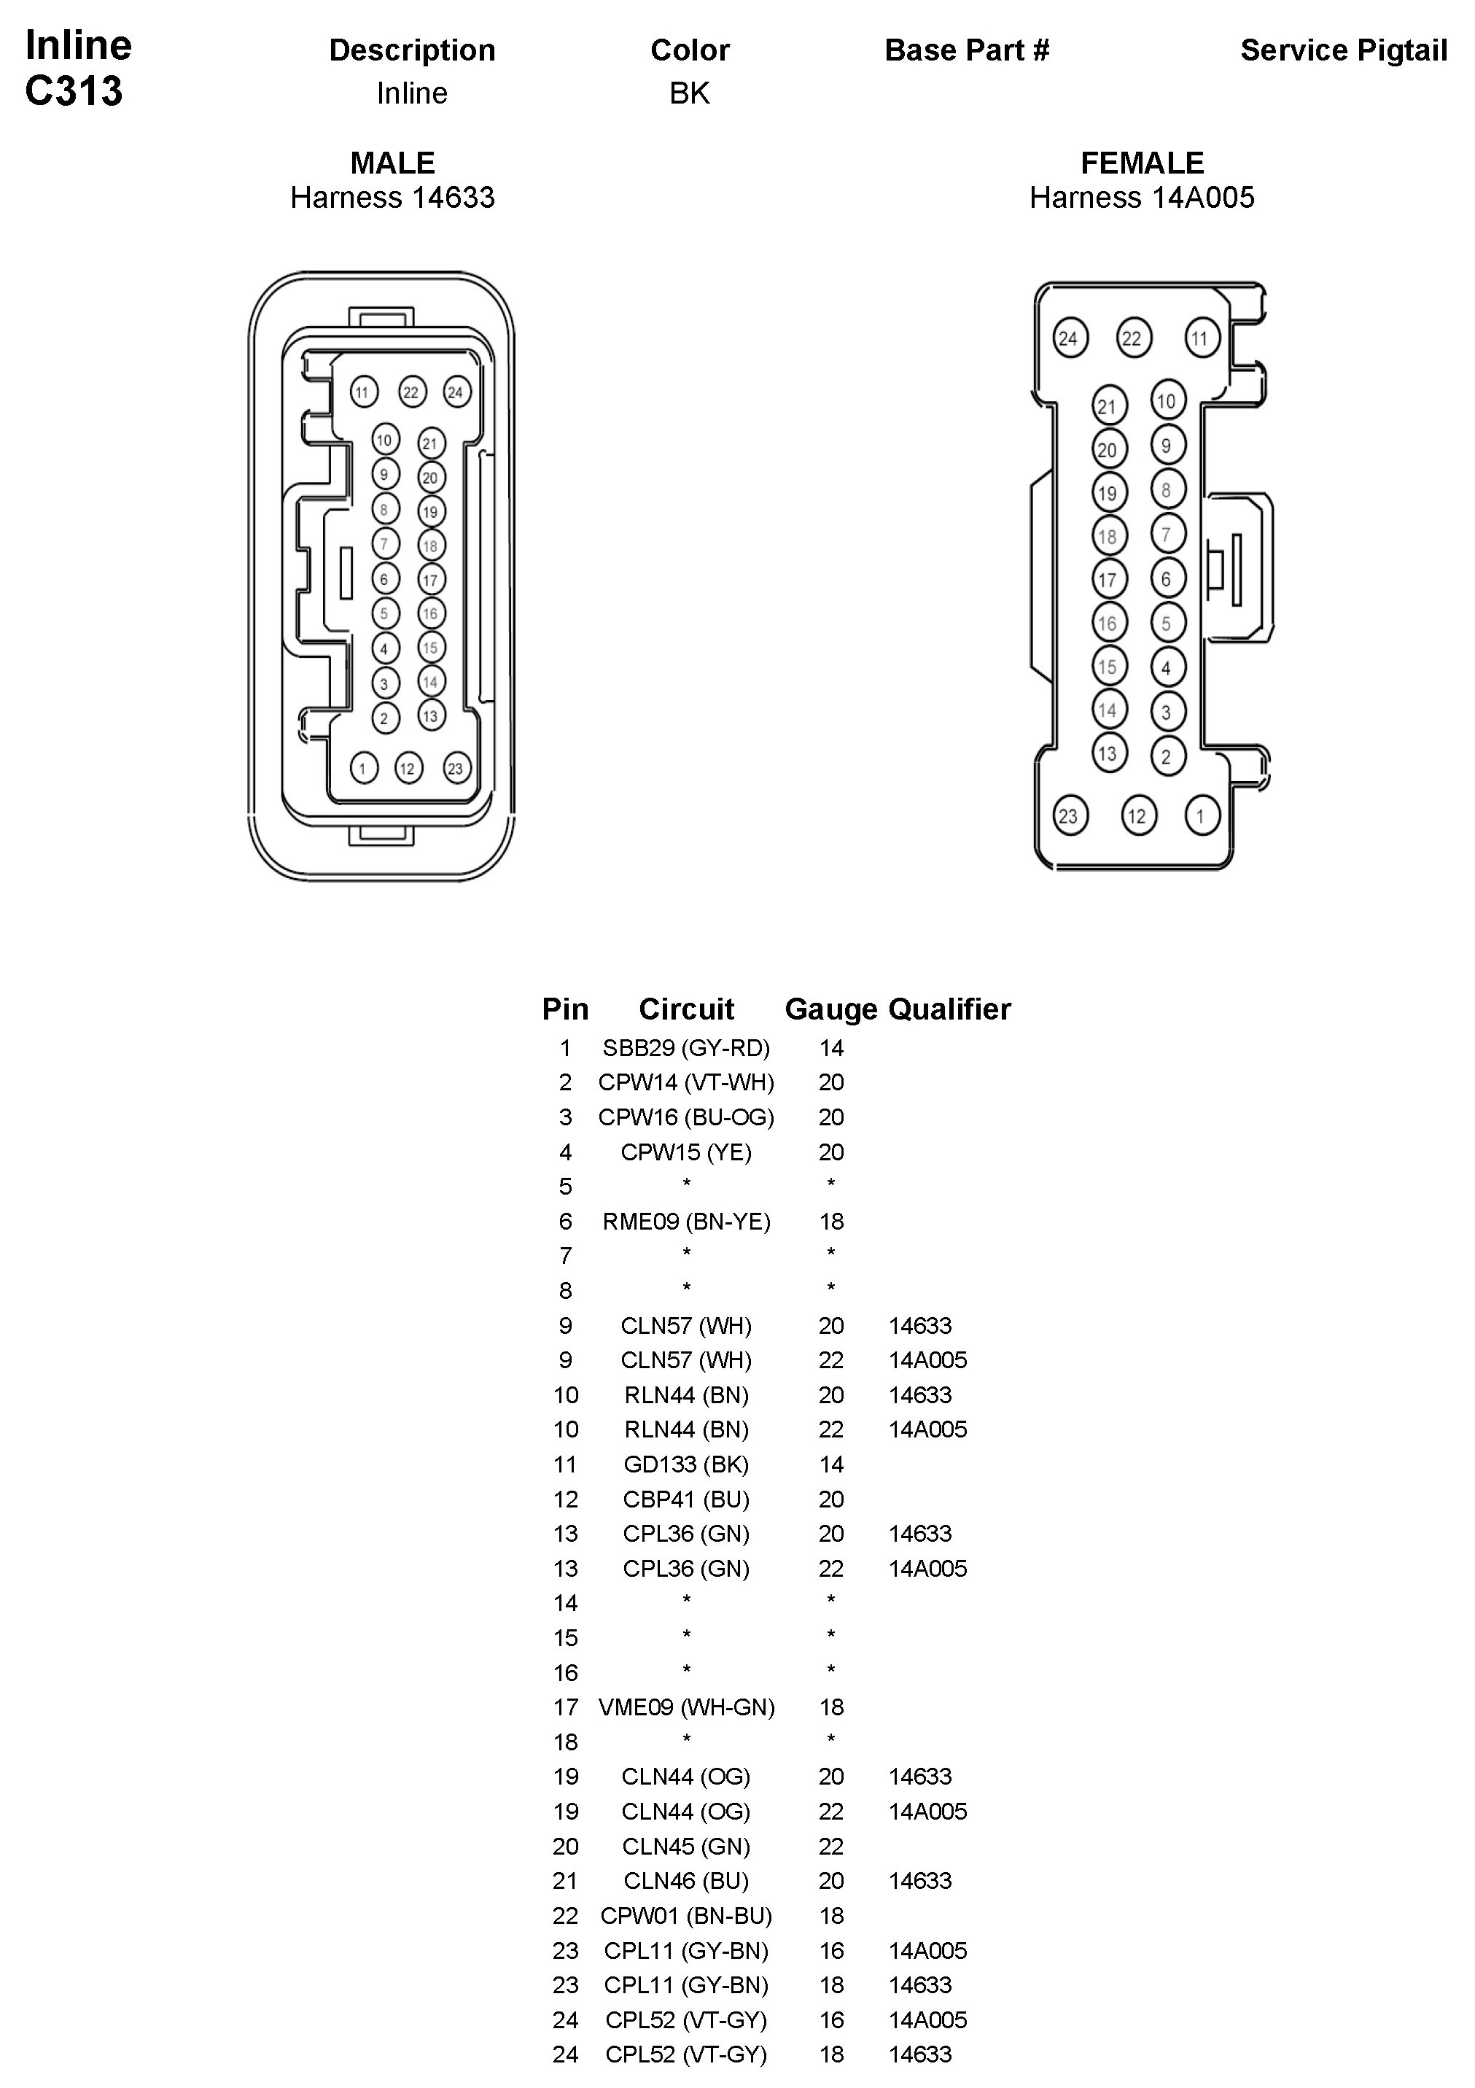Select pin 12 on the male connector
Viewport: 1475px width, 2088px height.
coord(408,769)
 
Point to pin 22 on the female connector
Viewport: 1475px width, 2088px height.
coord(1132,339)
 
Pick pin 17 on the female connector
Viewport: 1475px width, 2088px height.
coord(1108,579)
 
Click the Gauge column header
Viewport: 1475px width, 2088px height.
coord(830,1009)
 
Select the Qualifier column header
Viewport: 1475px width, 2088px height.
coord(949,1009)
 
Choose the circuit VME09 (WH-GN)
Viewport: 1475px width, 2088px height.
coord(685,1707)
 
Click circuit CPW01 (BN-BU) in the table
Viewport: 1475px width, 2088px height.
coord(685,1915)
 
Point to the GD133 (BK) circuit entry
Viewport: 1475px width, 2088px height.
coord(685,1464)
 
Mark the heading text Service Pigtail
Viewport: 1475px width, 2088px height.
coord(1343,50)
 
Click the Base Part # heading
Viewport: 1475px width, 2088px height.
coord(967,50)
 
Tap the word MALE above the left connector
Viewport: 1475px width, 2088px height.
coord(392,163)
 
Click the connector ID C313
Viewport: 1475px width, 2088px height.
coord(74,91)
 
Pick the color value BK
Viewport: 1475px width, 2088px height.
coord(689,93)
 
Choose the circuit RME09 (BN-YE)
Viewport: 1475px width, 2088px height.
coord(685,1222)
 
